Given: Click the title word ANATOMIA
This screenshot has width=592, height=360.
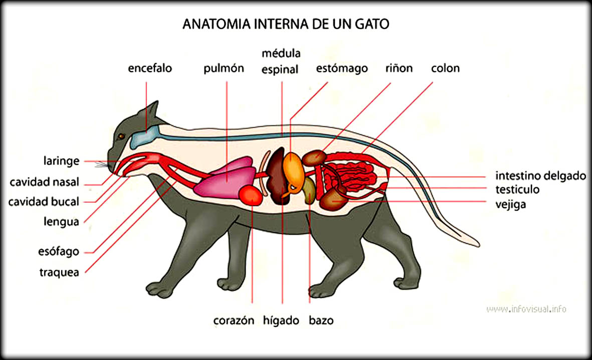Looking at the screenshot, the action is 214,24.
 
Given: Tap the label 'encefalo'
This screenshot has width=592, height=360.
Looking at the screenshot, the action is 150,68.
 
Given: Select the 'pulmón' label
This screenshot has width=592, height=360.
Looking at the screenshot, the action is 224,68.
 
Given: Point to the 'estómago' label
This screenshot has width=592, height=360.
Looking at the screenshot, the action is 342,68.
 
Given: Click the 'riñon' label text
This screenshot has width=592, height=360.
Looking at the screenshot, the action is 399,68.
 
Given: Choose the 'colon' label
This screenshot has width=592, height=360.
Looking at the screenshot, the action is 445,68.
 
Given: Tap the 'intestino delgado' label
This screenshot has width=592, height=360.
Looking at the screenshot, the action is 540,176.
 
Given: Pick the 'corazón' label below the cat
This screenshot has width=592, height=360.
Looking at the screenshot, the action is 234,320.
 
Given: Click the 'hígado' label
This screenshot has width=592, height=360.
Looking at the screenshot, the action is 281,320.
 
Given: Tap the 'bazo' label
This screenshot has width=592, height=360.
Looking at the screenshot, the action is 321,320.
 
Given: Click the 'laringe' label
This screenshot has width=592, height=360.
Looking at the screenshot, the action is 61,161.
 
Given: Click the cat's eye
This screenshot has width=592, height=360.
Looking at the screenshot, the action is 120,136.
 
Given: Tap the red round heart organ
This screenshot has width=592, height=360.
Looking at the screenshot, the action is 251,195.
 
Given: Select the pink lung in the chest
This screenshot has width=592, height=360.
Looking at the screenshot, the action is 223,178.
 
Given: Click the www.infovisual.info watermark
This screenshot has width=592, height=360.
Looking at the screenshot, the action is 526,309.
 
